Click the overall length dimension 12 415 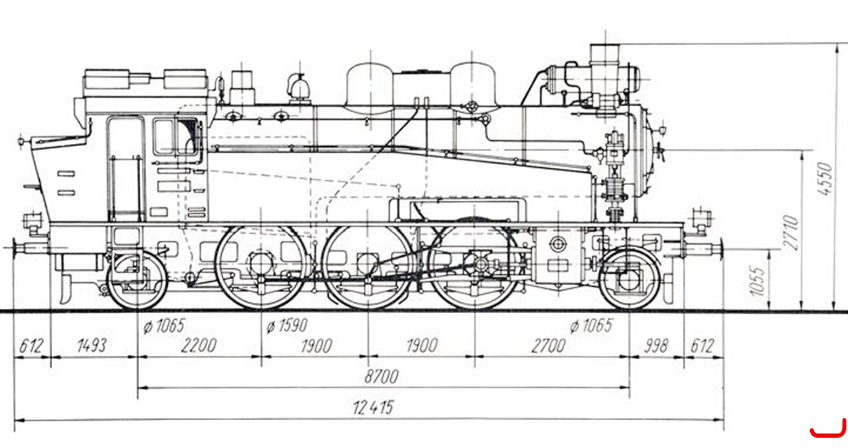(x=373, y=407)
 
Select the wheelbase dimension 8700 (x=381, y=376)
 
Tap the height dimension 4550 (x=825, y=178)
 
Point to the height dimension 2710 (x=791, y=232)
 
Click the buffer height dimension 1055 (x=759, y=281)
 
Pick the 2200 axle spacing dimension (x=198, y=345)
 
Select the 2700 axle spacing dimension (x=548, y=345)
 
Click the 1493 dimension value (x=92, y=345)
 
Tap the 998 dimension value (x=655, y=345)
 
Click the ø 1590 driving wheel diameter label (x=287, y=325)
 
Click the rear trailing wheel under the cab (x=137, y=280)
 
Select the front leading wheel (x=629, y=279)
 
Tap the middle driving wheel (x=368, y=266)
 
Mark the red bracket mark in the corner (x=828, y=428)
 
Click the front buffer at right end (x=704, y=249)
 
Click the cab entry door (x=126, y=169)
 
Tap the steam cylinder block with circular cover (x=558, y=255)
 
